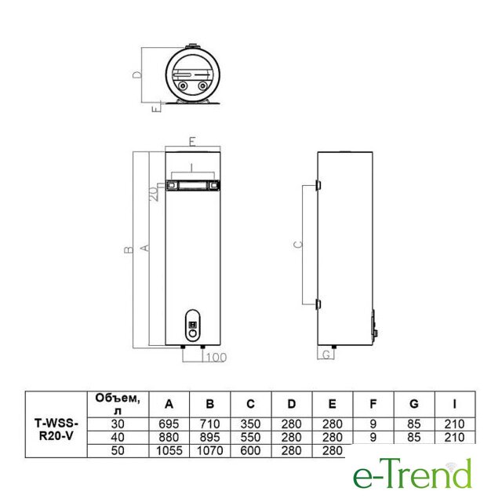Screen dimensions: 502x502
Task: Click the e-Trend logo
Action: [x=413, y=474]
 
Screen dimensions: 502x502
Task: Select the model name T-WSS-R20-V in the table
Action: [x=56, y=430]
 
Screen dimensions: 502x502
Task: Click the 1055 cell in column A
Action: [x=169, y=451]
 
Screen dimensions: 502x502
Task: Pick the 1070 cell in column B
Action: [x=209, y=451]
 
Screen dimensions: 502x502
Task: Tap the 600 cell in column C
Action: [x=250, y=451]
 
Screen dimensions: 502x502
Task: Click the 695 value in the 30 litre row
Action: [x=169, y=424]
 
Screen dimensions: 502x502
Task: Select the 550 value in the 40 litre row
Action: [x=250, y=438]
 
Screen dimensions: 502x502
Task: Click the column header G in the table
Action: [x=414, y=404]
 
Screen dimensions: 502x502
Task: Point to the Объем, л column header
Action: [x=118, y=405]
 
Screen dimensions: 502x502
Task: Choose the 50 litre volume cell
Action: [x=118, y=451]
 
